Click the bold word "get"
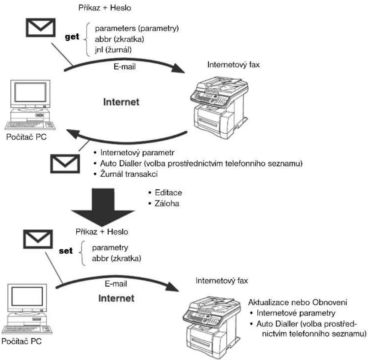[72, 37]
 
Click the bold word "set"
[66, 251]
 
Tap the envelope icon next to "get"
[41, 27]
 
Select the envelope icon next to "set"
[38, 239]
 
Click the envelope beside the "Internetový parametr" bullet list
[65, 164]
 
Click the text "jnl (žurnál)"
[113, 50]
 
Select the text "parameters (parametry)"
[137, 28]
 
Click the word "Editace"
[168, 193]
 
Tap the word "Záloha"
[167, 203]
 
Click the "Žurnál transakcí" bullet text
[129, 174]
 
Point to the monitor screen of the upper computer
[31, 92]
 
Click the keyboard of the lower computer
[27, 329]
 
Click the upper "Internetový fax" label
[233, 65]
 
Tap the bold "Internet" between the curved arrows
[121, 102]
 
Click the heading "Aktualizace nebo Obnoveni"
[298, 302]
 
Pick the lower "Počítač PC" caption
[22, 341]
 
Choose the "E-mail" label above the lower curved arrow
[116, 284]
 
